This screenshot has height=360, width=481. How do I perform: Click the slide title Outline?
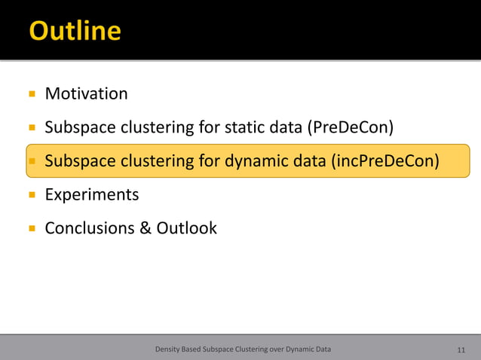coord(75,31)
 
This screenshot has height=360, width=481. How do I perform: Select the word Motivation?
coord(86,94)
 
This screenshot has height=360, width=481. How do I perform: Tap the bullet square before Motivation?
coord(32,95)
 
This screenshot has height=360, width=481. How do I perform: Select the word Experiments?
coord(92,195)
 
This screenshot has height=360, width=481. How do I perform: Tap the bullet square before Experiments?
coord(32,195)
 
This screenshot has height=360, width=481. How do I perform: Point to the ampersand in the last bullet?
coord(146,227)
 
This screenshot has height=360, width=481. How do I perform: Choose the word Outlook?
coord(186,227)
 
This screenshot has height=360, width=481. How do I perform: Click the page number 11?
coord(461,349)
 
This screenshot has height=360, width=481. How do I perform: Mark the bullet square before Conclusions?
coord(32,228)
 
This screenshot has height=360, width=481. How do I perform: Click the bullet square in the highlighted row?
coord(32,161)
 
